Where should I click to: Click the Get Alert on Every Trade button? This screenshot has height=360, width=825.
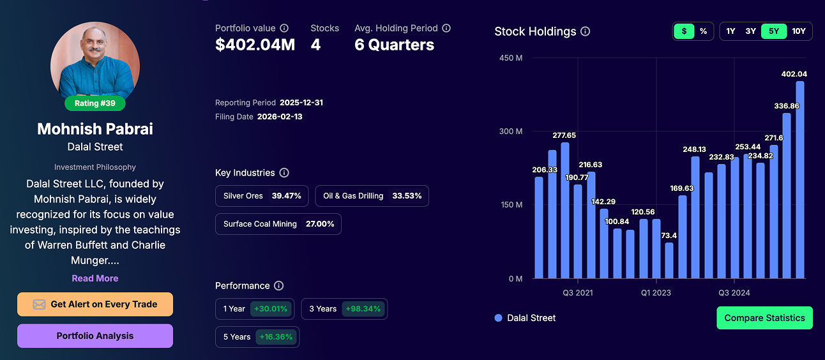[x=95, y=304]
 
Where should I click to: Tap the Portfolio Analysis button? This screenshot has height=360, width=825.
[x=95, y=336]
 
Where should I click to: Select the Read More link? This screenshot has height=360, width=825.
[x=95, y=278]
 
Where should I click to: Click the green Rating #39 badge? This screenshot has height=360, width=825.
[x=95, y=103]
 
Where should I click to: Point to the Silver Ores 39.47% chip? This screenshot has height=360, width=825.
[x=262, y=196]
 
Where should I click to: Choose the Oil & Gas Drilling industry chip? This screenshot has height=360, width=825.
[x=372, y=196]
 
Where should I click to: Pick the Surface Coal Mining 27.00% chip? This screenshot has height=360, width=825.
[x=278, y=224]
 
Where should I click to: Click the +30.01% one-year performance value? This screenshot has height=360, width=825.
[x=271, y=309]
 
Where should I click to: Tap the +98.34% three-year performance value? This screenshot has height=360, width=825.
[x=363, y=309]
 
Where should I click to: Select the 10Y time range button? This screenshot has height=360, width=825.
[x=798, y=31]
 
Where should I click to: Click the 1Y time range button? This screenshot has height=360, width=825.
[x=730, y=31]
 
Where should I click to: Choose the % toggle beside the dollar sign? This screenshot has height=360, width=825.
[x=703, y=31]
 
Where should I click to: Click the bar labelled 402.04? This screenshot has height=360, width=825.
[x=799, y=180]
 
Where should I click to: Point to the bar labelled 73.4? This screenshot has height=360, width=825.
[x=669, y=260]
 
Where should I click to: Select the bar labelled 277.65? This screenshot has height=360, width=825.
[x=565, y=211]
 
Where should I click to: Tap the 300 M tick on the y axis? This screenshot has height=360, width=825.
[x=510, y=131]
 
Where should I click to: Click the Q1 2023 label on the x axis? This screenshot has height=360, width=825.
[x=656, y=293]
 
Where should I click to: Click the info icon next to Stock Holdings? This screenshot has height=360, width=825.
[x=586, y=31]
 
